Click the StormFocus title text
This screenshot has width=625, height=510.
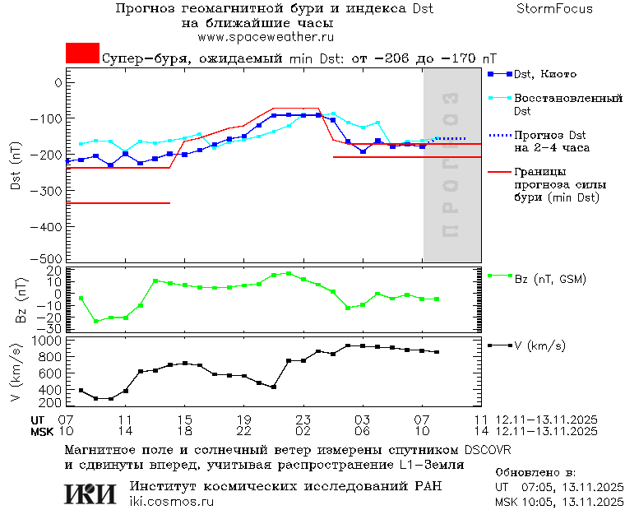point(554,9)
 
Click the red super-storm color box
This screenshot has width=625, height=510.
point(82,53)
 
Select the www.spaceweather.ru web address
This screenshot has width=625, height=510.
point(266,37)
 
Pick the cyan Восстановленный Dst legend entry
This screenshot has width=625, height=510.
point(567,104)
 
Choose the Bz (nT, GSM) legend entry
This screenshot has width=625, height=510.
point(550,279)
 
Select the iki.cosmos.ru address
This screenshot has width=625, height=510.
point(171,502)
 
